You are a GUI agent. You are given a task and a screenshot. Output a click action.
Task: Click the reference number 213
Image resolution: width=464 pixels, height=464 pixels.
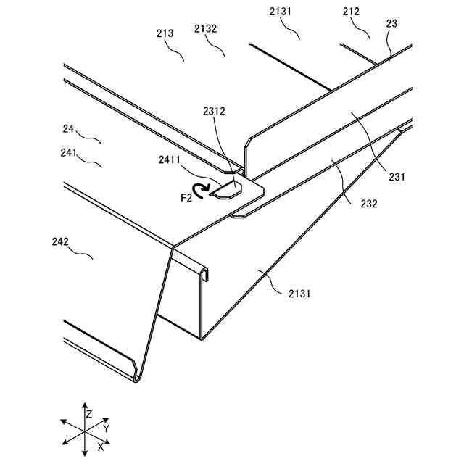165,33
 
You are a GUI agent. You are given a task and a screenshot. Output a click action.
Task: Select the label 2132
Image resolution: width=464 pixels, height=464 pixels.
206,28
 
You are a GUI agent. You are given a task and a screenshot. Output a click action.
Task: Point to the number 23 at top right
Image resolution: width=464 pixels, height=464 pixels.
391,23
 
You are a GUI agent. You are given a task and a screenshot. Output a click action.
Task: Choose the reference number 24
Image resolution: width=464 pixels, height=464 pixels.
69,128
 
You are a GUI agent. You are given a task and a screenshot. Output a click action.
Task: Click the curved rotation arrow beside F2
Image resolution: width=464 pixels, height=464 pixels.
197,191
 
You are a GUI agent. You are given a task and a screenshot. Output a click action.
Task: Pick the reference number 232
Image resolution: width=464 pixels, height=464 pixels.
368,204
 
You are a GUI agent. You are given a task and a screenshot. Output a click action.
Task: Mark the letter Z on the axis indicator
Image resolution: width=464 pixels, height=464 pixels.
88,415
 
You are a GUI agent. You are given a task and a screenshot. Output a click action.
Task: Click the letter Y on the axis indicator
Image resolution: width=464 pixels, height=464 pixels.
106,429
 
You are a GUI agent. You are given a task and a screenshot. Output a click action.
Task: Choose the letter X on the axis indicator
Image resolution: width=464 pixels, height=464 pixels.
100,447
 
